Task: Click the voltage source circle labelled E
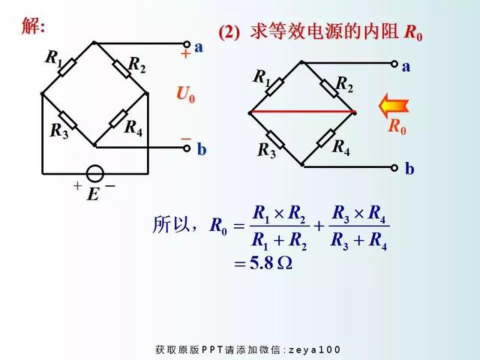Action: point(94,173)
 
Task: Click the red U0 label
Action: point(185,94)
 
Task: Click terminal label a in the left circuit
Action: point(199,46)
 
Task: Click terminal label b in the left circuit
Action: point(201,150)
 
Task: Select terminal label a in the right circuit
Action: point(406,66)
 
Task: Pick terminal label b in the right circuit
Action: point(409,169)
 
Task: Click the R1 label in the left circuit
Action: point(54,56)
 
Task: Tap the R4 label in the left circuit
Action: point(133,128)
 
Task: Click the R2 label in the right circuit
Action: point(344,83)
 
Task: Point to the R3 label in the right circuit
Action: point(266,150)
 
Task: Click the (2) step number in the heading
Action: point(229,32)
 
